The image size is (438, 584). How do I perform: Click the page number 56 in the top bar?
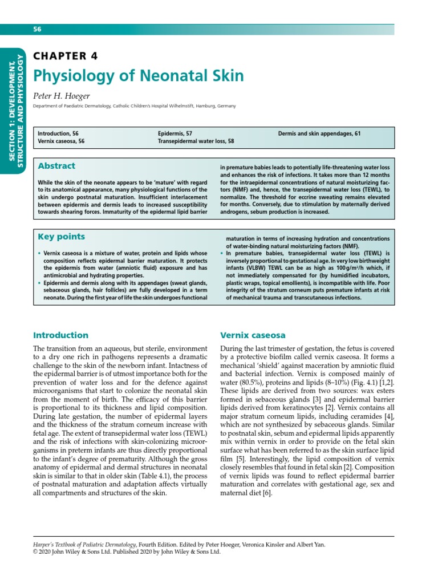(38, 29)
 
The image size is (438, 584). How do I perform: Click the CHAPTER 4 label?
(66, 56)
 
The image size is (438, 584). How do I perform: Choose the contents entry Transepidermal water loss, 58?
(196, 141)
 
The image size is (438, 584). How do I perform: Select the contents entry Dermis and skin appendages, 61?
(319, 133)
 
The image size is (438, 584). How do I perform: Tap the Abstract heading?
(56, 166)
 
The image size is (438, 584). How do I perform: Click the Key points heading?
(61, 237)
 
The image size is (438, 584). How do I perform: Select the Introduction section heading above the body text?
(60, 335)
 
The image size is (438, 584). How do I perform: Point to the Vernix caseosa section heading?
(253, 335)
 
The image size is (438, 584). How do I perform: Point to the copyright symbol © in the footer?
(35, 552)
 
